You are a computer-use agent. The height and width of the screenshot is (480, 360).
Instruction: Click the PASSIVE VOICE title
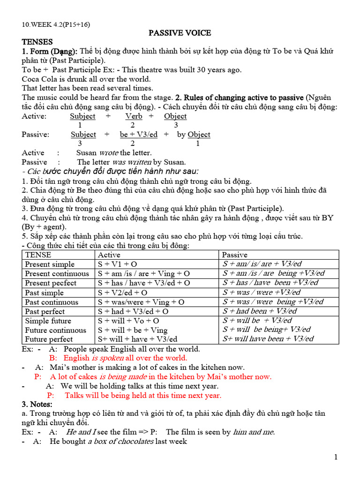point(180,33)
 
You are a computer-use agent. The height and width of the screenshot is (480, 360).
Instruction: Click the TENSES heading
point(37,42)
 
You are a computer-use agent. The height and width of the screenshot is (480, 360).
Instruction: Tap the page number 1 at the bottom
point(336,457)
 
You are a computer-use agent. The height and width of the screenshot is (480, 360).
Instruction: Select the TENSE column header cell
point(38,255)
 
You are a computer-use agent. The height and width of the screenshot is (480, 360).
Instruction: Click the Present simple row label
point(50,264)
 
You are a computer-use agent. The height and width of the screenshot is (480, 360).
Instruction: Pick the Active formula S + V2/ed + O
point(122,292)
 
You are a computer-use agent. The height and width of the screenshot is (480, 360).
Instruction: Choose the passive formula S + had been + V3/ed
point(260,311)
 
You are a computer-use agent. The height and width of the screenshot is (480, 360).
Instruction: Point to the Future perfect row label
point(49,339)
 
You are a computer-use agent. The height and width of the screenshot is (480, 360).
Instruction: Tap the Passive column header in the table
point(234,255)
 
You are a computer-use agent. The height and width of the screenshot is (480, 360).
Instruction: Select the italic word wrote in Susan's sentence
point(108,153)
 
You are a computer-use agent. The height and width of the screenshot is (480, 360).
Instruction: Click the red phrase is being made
point(121,376)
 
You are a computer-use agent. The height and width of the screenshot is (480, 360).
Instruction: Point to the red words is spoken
point(108,358)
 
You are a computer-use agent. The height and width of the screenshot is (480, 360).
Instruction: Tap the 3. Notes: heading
point(37,404)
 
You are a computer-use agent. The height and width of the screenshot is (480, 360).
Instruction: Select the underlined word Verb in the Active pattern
point(134,116)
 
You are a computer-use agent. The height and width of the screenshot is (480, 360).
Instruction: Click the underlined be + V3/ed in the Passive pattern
point(139,135)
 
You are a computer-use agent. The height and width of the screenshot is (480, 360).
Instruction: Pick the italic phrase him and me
point(254,432)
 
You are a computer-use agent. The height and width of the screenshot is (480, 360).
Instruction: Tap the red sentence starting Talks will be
point(142,395)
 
